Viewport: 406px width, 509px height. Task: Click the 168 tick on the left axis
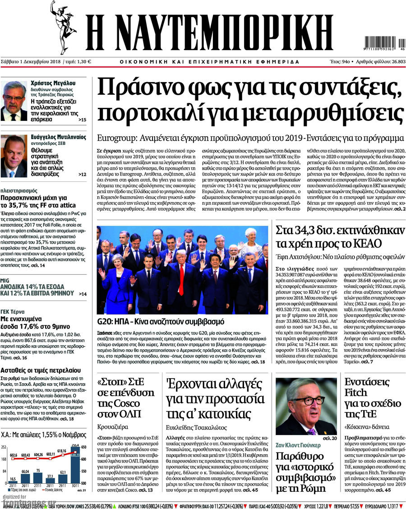click(x=4, y=459)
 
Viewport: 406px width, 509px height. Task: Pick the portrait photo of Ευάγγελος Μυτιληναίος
click(x=14, y=156)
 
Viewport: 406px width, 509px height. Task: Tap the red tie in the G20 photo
click(x=181, y=279)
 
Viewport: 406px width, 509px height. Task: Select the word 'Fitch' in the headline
click(x=356, y=393)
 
